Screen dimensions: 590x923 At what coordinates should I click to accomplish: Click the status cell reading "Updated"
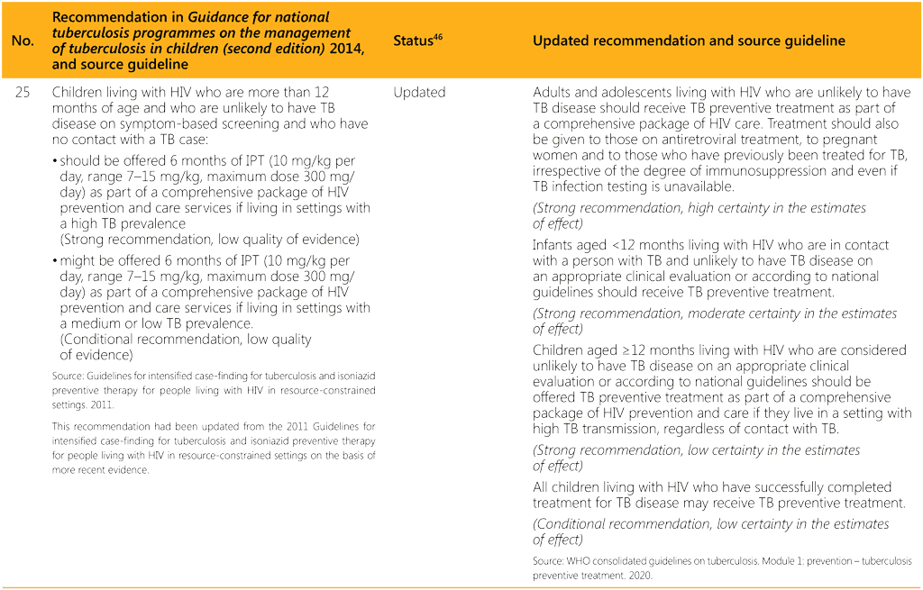coord(419,93)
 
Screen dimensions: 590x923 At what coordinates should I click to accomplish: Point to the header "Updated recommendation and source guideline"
coord(689,41)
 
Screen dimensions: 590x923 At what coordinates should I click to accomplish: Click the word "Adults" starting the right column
coord(553,93)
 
